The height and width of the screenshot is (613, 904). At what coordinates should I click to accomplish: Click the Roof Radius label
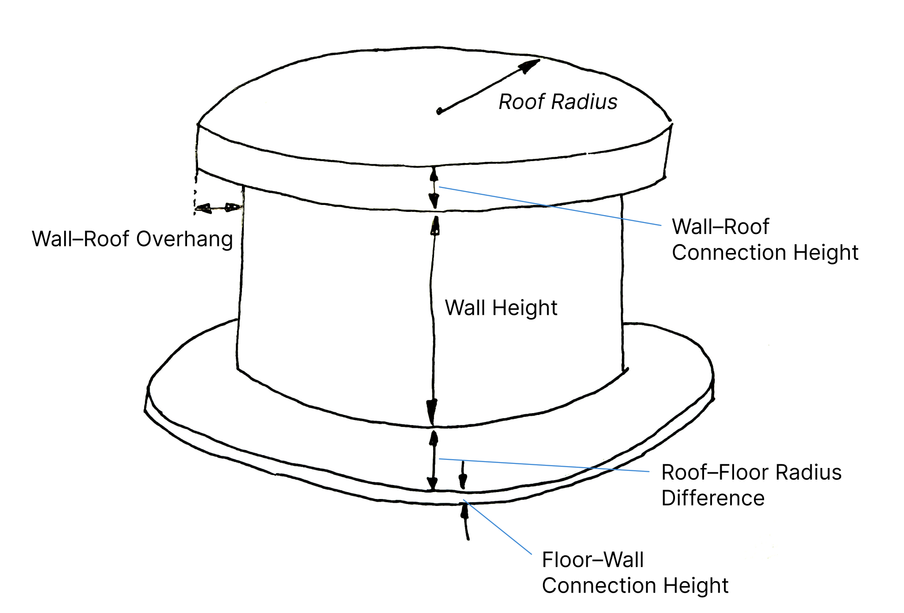point(558,102)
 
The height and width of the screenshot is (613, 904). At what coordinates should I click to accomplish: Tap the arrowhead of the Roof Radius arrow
point(530,66)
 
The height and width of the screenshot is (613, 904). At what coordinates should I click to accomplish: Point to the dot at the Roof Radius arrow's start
point(439,111)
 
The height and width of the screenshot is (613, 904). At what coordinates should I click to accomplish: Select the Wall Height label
point(501,308)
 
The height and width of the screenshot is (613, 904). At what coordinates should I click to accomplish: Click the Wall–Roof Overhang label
point(132,239)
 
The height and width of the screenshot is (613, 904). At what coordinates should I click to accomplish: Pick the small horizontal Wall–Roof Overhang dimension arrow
point(218,208)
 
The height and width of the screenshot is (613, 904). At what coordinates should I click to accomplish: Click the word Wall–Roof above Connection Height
point(720,227)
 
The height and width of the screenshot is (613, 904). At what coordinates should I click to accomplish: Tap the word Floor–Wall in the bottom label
point(592,560)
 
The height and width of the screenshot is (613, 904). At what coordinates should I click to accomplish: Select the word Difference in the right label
point(713,499)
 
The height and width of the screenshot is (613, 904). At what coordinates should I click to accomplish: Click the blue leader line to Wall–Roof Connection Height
point(549,206)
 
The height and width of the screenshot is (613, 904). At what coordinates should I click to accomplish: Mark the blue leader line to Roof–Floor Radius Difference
point(545,465)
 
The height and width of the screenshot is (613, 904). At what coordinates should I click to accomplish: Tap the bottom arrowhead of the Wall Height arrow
point(432,411)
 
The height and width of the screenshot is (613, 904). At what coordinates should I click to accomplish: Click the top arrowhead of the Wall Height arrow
point(435,226)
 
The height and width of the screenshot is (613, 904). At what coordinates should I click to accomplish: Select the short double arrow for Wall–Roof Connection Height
point(434,188)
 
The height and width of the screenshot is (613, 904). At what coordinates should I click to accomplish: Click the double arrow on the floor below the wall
point(433,461)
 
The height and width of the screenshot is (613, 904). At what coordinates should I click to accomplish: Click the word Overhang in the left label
point(185,239)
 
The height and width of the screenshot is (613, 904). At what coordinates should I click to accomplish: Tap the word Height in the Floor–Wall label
point(696,586)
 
